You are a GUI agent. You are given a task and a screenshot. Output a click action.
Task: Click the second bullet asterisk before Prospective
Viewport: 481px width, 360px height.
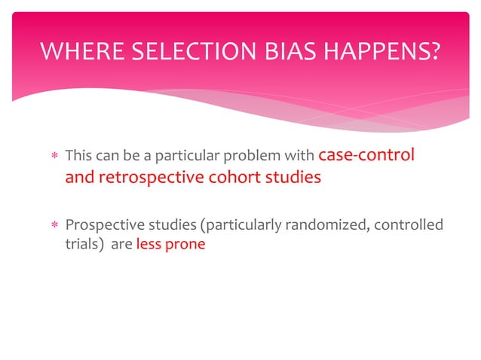pos(52,227)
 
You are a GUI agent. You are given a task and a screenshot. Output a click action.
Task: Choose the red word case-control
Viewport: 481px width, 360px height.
pos(367,156)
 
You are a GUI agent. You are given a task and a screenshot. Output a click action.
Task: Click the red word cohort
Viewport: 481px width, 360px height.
pos(227,178)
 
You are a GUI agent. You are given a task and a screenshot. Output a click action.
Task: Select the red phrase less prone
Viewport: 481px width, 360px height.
pos(170,245)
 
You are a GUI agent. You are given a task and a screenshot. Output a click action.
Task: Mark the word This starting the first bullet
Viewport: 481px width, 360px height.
pos(78,157)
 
